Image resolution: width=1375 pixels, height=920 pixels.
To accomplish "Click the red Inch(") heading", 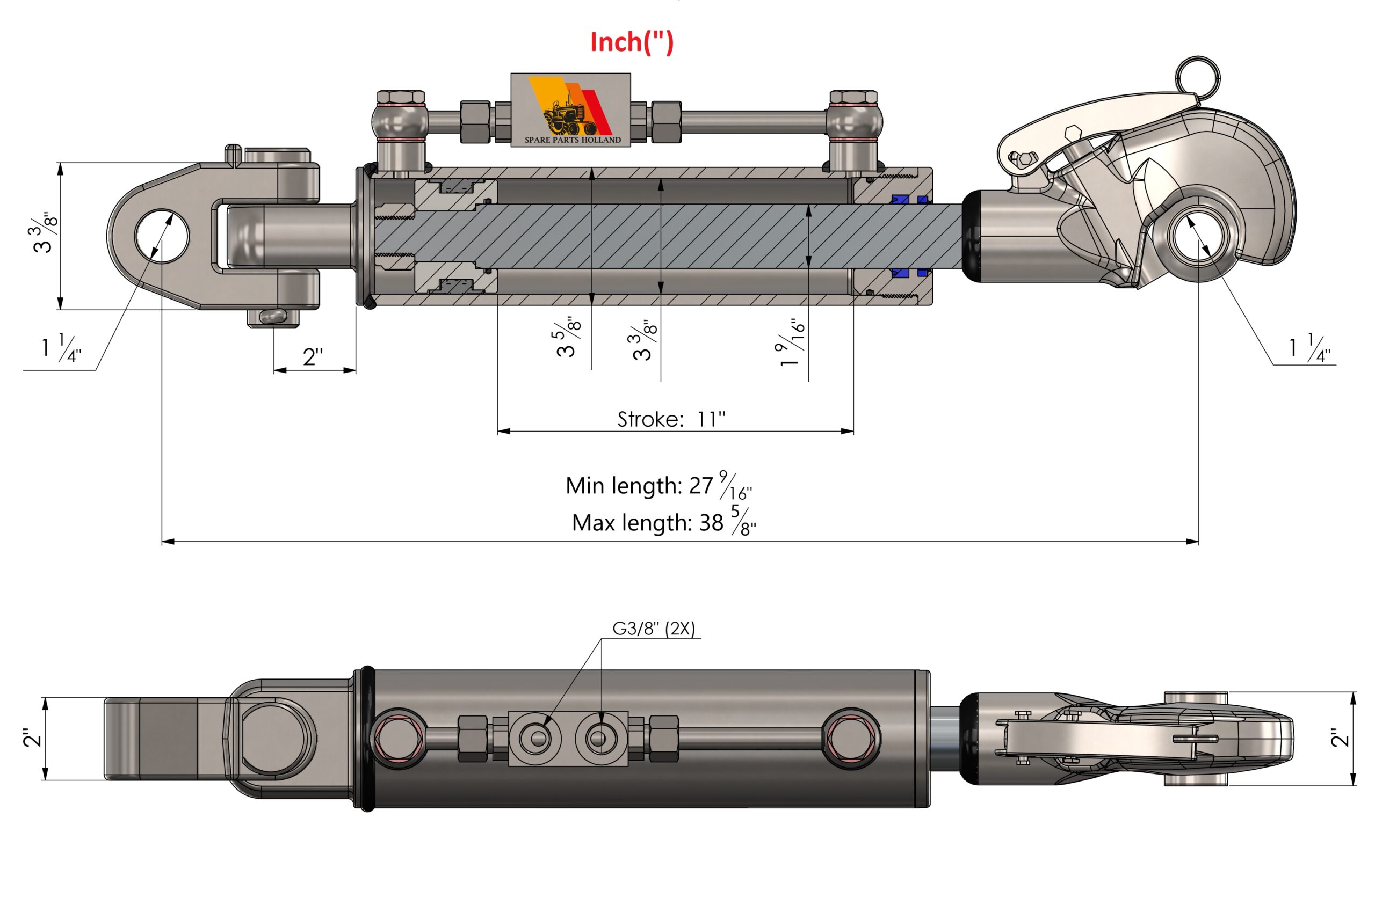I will (x=632, y=42).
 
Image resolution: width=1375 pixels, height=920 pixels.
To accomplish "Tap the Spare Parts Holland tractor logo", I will (x=570, y=109).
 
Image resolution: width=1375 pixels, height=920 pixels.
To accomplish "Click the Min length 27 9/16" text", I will (x=658, y=486).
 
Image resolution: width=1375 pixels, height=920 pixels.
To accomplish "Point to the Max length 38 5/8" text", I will (x=663, y=522).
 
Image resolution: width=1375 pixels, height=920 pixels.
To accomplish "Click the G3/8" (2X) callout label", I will (x=654, y=629).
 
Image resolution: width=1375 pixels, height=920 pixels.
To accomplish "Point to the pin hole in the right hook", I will (x=1198, y=239).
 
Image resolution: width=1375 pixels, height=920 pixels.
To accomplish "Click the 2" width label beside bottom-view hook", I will (x=1340, y=738).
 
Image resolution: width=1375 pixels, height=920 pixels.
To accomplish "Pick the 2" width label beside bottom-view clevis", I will (x=32, y=738).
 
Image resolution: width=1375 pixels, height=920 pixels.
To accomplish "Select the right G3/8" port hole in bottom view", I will (x=598, y=738).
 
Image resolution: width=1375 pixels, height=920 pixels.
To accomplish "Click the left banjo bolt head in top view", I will (x=401, y=97).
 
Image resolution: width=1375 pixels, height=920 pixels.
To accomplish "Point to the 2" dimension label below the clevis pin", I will (x=313, y=356).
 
